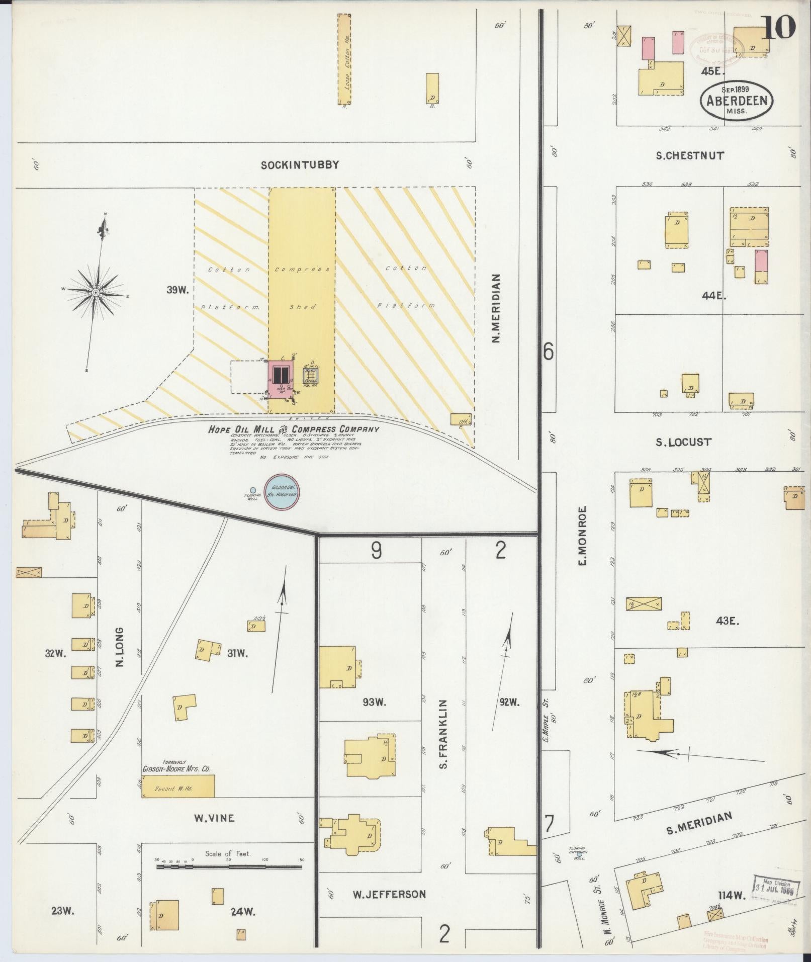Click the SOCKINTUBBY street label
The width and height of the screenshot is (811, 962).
coord(300,164)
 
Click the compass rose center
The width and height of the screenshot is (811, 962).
coord(95,292)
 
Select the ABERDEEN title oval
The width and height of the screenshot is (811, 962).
coord(737,101)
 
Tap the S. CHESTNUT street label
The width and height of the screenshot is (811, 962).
coord(690,155)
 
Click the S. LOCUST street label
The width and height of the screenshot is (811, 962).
coord(683,442)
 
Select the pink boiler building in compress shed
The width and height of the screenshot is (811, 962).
coord(280,380)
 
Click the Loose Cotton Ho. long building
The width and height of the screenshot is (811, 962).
coord(344,59)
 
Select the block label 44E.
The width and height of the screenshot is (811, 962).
coord(714,296)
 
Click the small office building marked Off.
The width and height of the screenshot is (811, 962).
coord(461,419)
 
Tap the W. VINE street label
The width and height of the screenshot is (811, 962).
coord(214,818)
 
